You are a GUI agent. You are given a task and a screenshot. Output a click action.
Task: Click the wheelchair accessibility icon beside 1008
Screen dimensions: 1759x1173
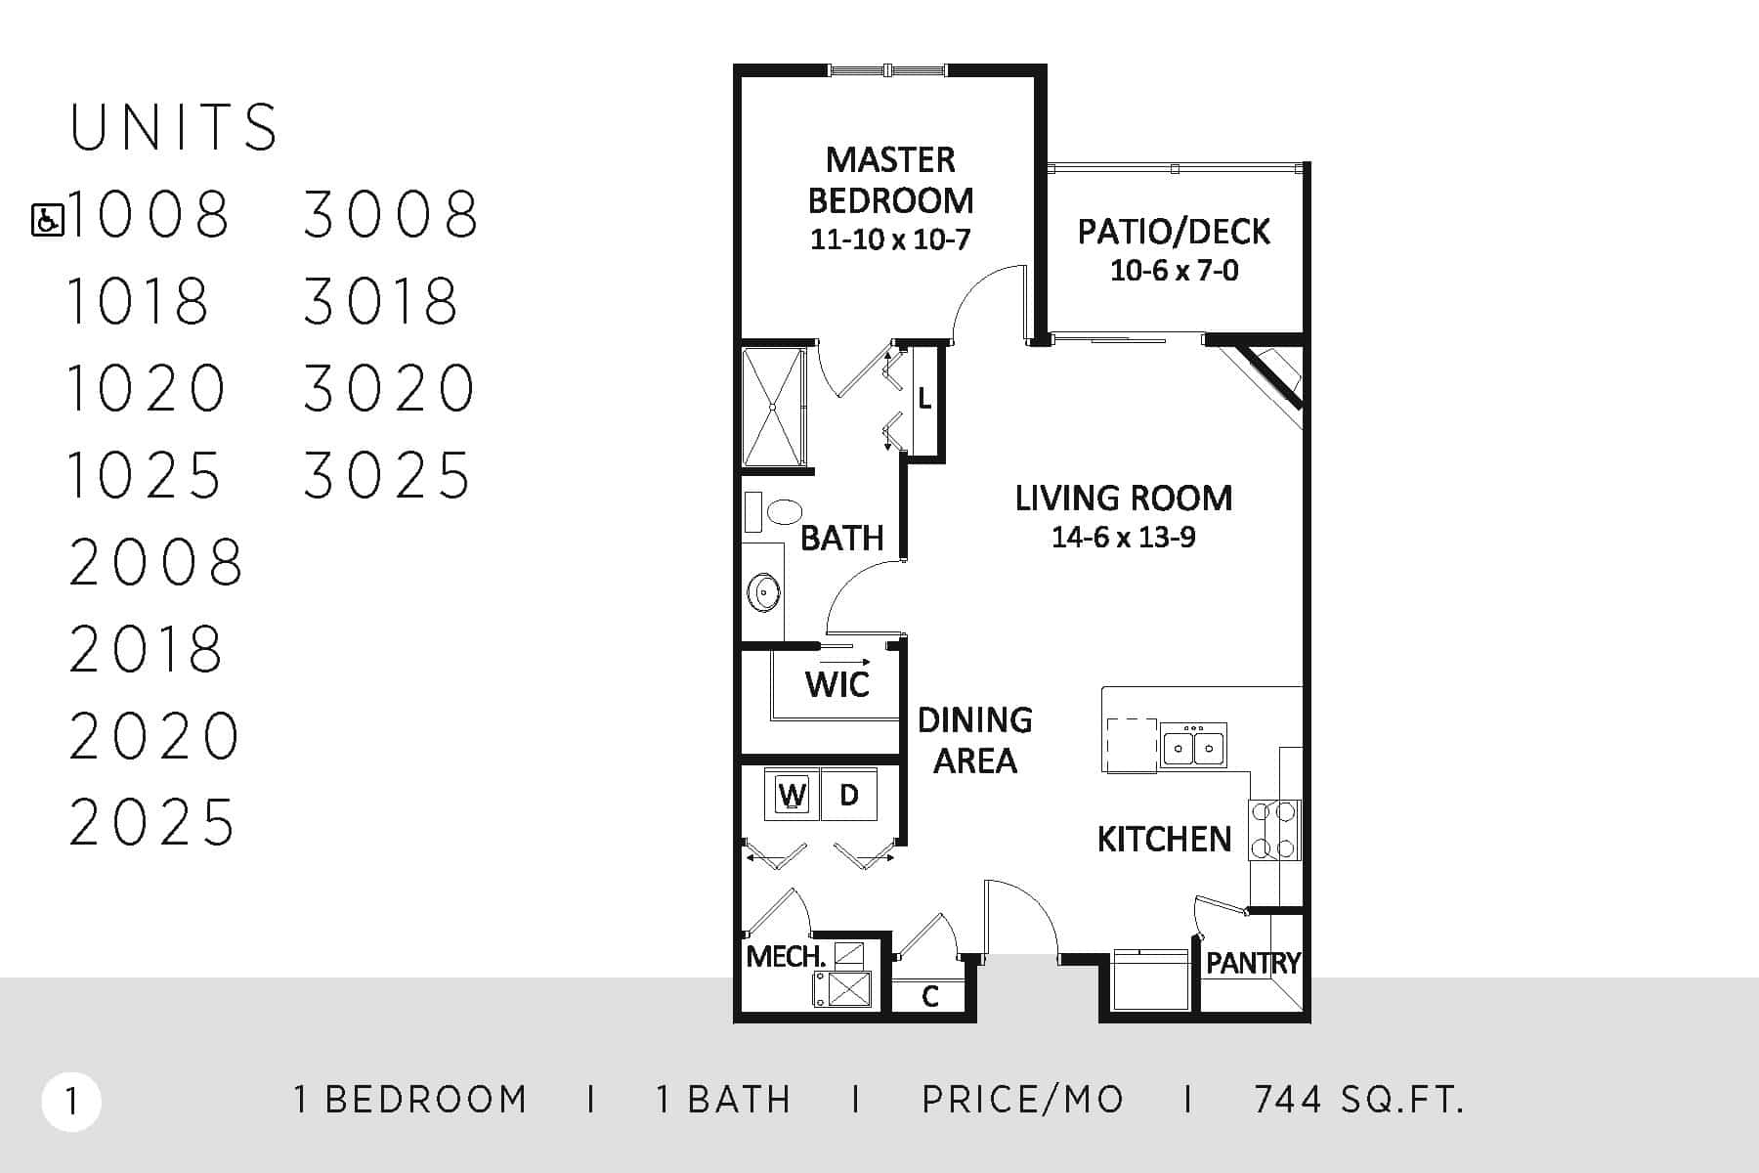coord(48,220)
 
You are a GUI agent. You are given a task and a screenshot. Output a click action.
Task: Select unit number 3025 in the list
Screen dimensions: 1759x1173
coord(388,476)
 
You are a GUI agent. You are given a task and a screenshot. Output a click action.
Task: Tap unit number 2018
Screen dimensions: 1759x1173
coord(147,649)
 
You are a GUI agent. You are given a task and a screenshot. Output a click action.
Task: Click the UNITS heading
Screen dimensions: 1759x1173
coord(174,127)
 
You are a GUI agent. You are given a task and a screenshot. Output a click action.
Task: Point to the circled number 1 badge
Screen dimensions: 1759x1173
coord(71,1103)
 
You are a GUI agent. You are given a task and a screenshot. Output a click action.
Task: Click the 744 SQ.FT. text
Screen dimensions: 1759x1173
coord(1359,1101)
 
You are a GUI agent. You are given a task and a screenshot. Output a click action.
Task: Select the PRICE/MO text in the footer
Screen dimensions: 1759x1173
coord(1023,1101)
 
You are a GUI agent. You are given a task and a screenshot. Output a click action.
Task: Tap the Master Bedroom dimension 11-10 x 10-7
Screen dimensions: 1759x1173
coord(890,239)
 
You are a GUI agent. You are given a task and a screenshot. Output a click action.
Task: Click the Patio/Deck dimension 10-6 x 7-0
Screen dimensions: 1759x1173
coord(1175,271)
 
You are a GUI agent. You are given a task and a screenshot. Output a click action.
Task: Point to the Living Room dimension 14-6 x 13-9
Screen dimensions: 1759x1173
coord(1124,538)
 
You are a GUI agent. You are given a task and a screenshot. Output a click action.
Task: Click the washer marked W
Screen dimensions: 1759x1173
coord(793,795)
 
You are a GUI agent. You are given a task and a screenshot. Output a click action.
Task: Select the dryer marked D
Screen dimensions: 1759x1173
coord(848,795)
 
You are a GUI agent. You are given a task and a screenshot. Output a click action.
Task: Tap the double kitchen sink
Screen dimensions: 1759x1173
coord(1193,747)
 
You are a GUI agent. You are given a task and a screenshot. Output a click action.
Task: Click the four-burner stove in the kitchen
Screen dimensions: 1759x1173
coord(1274,830)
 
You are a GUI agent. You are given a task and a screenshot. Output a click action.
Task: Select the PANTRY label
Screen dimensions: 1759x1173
coord(1253,964)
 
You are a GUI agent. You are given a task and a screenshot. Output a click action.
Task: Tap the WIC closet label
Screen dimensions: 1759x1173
coord(837,685)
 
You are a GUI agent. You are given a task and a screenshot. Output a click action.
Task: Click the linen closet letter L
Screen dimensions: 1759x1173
coord(924,400)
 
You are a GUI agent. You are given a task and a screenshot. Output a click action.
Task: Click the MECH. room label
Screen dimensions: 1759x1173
coord(786,956)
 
